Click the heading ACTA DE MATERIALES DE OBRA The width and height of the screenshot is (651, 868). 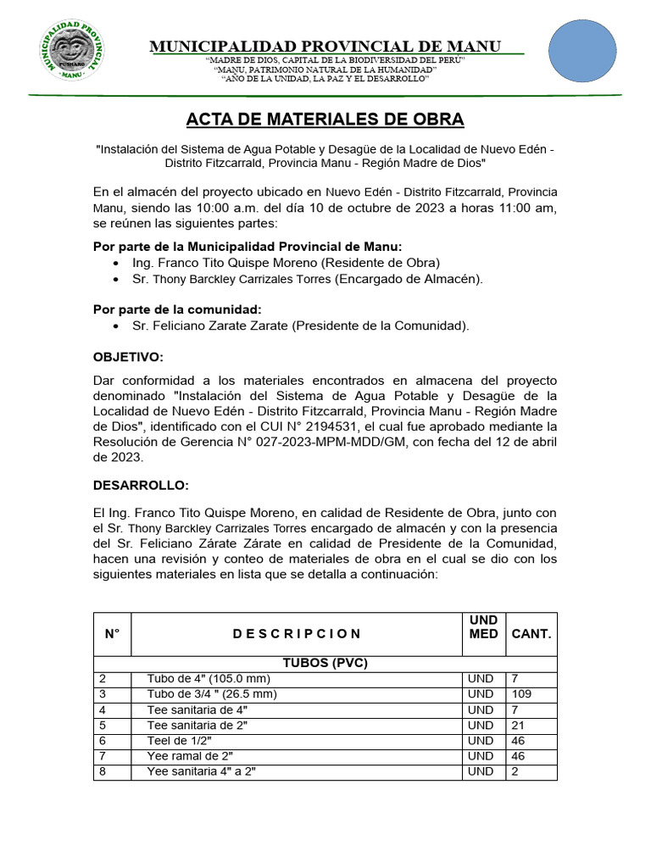[325, 120]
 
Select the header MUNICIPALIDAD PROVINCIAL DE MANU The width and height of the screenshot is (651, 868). [325, 46]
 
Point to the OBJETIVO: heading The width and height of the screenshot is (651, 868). [128, 357]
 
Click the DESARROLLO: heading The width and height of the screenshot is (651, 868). [141, 485]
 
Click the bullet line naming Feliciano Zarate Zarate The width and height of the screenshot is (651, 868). [300, 325]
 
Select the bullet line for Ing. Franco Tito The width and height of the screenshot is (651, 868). [286, 263]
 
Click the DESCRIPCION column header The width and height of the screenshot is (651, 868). [297, 633]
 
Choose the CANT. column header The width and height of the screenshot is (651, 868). [531, 633]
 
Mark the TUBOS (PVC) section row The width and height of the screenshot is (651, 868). [325, 663]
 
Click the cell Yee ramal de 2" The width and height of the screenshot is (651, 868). [190, 755]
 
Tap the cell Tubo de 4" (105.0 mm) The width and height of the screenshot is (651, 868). [209, 679]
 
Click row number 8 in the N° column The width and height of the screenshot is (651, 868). [103, 771]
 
